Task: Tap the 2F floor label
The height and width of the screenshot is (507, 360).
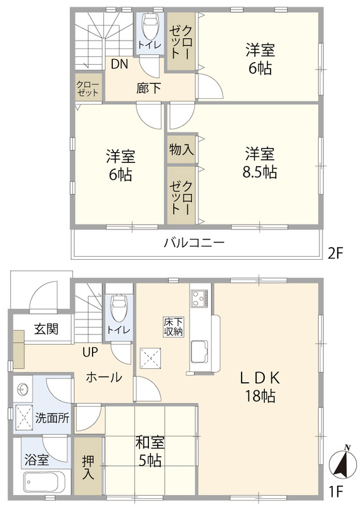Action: [x=335, y=253]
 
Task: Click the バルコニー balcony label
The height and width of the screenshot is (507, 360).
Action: [x=194, y=243]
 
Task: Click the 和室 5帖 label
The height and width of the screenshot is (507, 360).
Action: [x=150, y=451]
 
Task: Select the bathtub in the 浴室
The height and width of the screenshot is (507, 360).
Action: [x=44, y=482]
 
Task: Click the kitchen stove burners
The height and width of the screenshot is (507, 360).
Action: [x=199, y=298]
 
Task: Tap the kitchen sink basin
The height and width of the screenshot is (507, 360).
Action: [x=199, y=352]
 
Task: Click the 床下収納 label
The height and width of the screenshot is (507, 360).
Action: [x=174, y=327]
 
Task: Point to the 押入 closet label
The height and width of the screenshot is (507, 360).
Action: [x=87, y=467]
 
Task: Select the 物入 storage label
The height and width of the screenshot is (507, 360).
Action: [x=181, y=150]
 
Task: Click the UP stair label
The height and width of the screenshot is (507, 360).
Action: [x=90, y=352]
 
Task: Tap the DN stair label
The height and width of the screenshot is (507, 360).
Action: [x=120, y=64]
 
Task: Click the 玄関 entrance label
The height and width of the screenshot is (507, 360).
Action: [x=46, y=329]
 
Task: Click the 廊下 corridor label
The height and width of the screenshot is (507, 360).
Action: [x=148, y=88]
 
